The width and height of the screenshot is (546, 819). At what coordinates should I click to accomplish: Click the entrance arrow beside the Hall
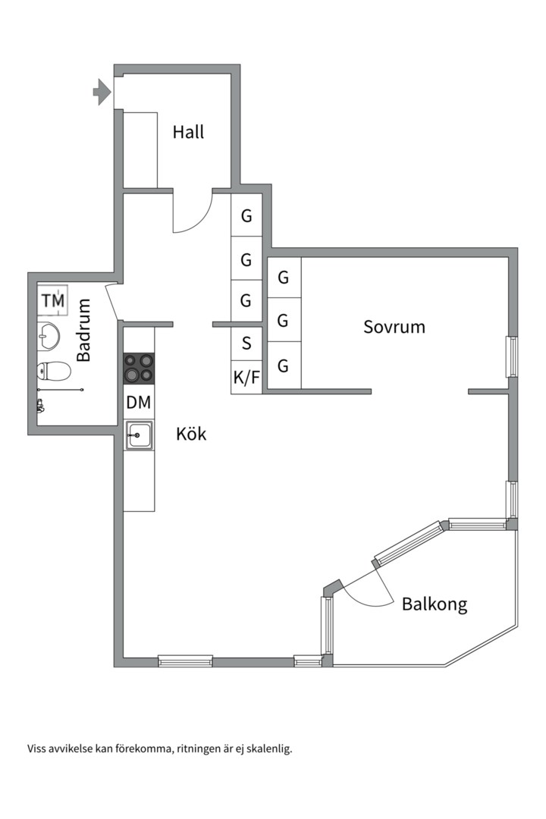(x=102, y=92)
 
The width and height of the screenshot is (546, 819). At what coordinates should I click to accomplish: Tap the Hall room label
(x=188, y=132)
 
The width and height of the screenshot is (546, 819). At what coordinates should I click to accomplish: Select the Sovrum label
(x=394, y=327)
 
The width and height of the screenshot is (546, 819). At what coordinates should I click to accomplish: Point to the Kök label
(x=191, y=434)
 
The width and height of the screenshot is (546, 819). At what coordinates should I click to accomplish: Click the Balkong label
(x=435, y=604)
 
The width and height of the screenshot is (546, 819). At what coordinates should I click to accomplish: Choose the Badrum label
(x=83, y=330)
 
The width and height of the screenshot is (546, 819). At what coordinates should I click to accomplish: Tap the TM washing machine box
(x=53, y=300)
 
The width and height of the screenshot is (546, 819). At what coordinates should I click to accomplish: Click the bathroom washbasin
(x=48, y=335)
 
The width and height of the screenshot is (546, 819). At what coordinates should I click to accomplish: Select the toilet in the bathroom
(x=54, y=372)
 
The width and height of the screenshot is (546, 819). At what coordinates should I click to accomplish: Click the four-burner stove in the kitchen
(x=139, y=368)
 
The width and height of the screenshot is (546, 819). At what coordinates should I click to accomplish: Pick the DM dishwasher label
(x=139, y=402)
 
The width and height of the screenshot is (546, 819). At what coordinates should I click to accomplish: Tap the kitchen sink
(x=139, y=435)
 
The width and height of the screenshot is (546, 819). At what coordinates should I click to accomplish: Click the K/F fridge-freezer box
(x=246, y=377)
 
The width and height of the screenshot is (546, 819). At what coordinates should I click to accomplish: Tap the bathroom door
(x=111, y=303)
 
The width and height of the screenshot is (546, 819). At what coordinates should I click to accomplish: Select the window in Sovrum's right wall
(x=512, y=357)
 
